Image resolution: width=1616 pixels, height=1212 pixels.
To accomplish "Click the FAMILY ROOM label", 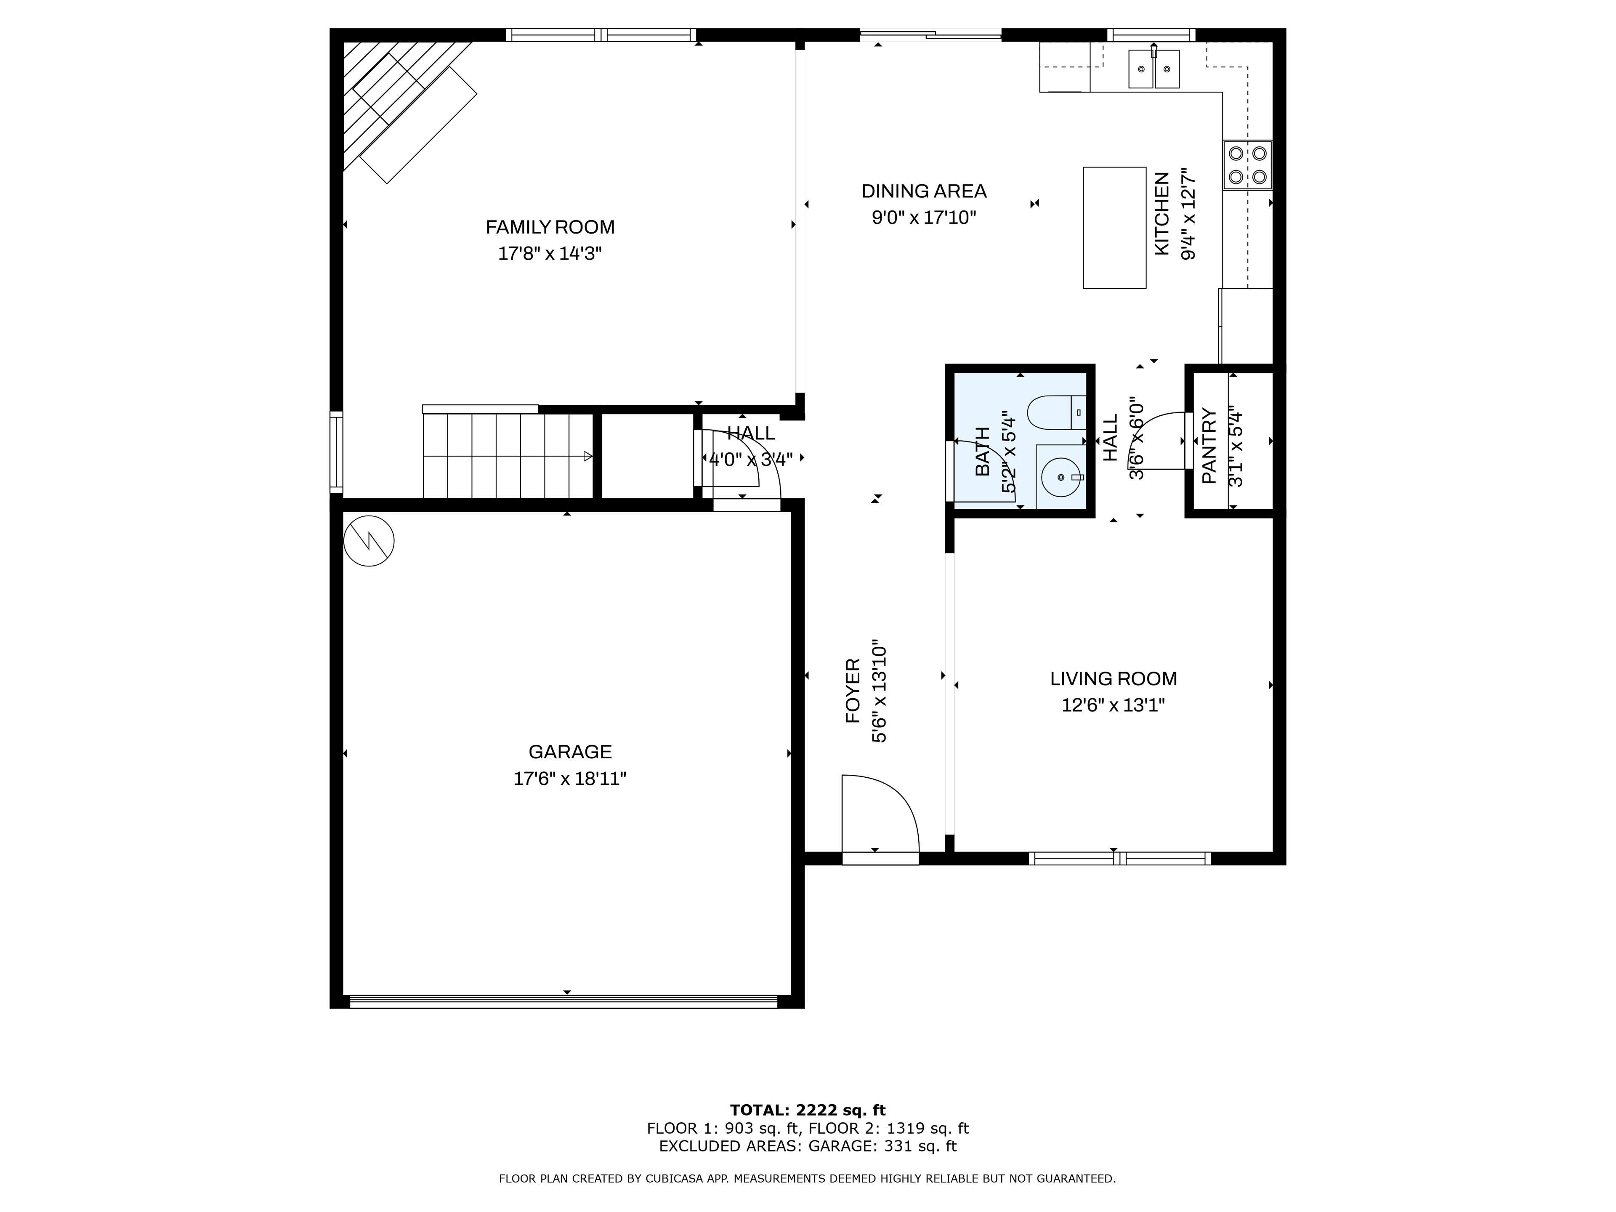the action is pos(550,227).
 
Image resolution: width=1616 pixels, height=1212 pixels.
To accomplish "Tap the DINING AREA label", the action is pos(924,191).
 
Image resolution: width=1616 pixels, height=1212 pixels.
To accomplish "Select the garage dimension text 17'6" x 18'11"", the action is pos(570,779).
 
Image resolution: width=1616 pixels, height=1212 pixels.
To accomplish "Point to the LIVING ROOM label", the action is pos(1114,679).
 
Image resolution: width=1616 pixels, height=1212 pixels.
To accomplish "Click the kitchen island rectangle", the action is pos(1114,228).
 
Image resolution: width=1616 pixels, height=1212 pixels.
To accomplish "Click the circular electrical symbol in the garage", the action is pos(369,541).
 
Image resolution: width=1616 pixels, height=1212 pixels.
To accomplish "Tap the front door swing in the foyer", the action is pos(880,813).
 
